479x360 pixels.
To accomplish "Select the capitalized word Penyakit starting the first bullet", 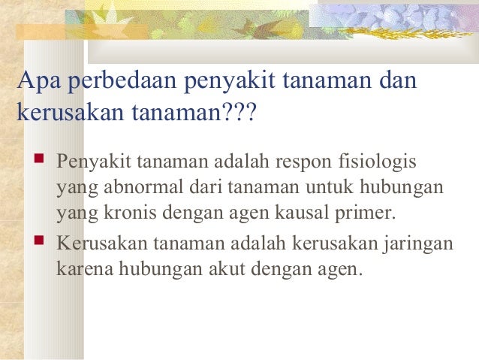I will pos(92,162).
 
